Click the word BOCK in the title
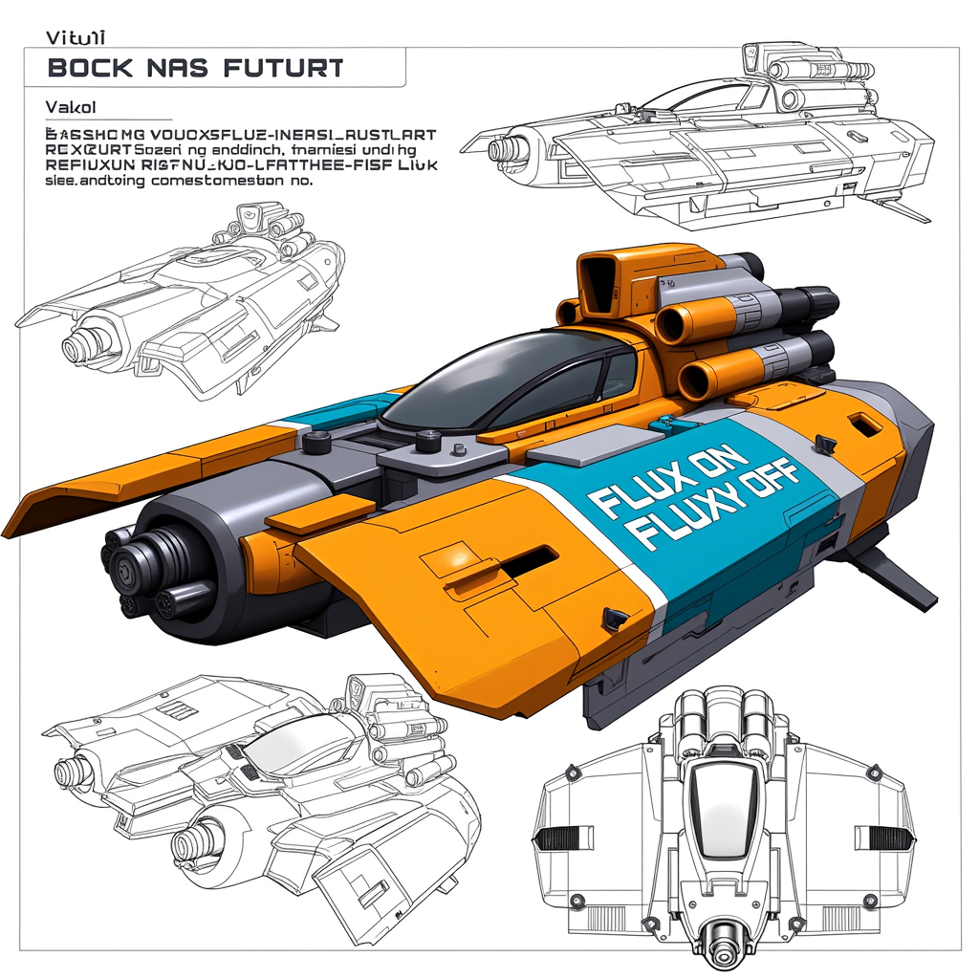pos(84,68)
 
